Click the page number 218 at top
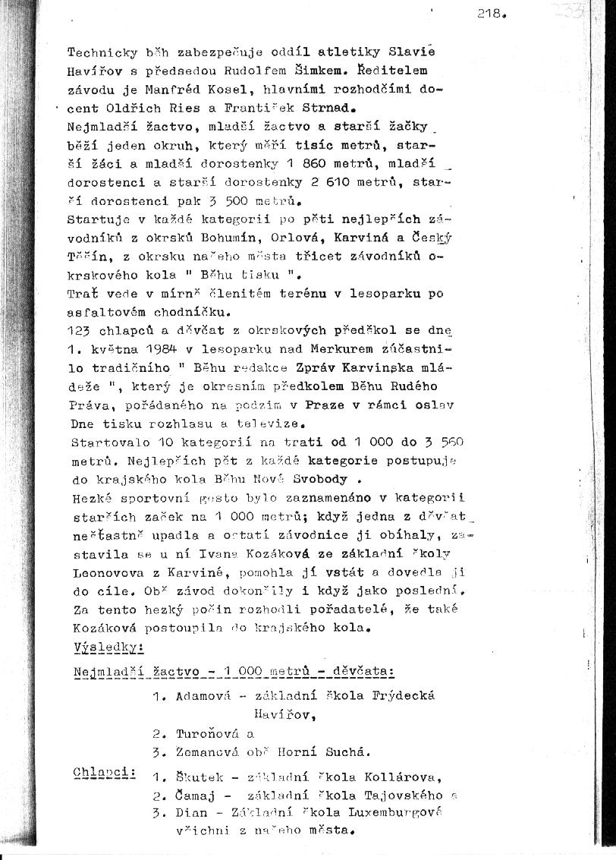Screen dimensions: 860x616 (490, 14)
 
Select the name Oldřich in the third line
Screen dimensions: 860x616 (128, 107)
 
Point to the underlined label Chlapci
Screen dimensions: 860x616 (103, 773)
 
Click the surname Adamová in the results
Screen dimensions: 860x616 (206, 696)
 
